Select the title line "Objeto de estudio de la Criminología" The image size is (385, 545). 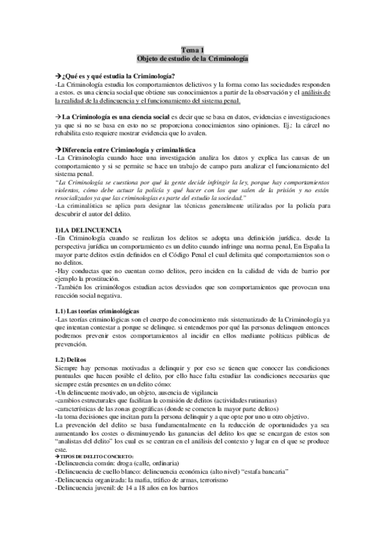(192, 58)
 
